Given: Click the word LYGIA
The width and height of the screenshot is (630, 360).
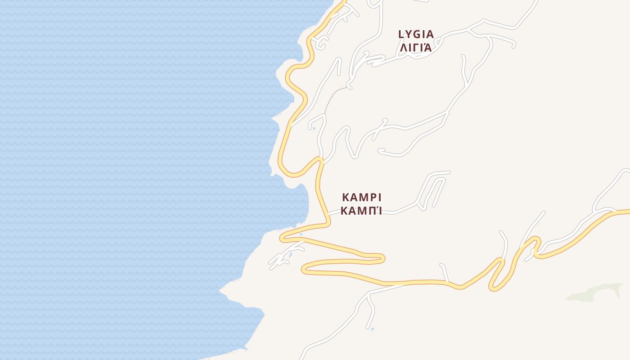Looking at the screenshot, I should click(416, 34).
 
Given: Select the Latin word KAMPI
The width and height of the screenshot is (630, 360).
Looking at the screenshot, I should click(361, 198).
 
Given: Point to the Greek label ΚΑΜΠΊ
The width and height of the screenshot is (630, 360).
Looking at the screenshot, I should click(361, 211).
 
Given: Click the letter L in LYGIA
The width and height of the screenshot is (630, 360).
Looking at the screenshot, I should click(401, 34).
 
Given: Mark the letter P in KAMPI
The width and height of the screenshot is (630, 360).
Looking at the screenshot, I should click(372, 198).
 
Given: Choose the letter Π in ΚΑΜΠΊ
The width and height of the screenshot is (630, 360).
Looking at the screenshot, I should click(372, 211).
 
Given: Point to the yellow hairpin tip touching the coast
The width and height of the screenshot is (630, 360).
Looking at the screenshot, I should click(282, 236).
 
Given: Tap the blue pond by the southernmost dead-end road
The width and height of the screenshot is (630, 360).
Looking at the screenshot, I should click(372, 329).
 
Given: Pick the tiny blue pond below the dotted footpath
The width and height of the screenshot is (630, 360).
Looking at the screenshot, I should click(314, 129).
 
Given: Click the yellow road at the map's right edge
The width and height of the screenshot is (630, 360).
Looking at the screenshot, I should click(626, 211).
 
